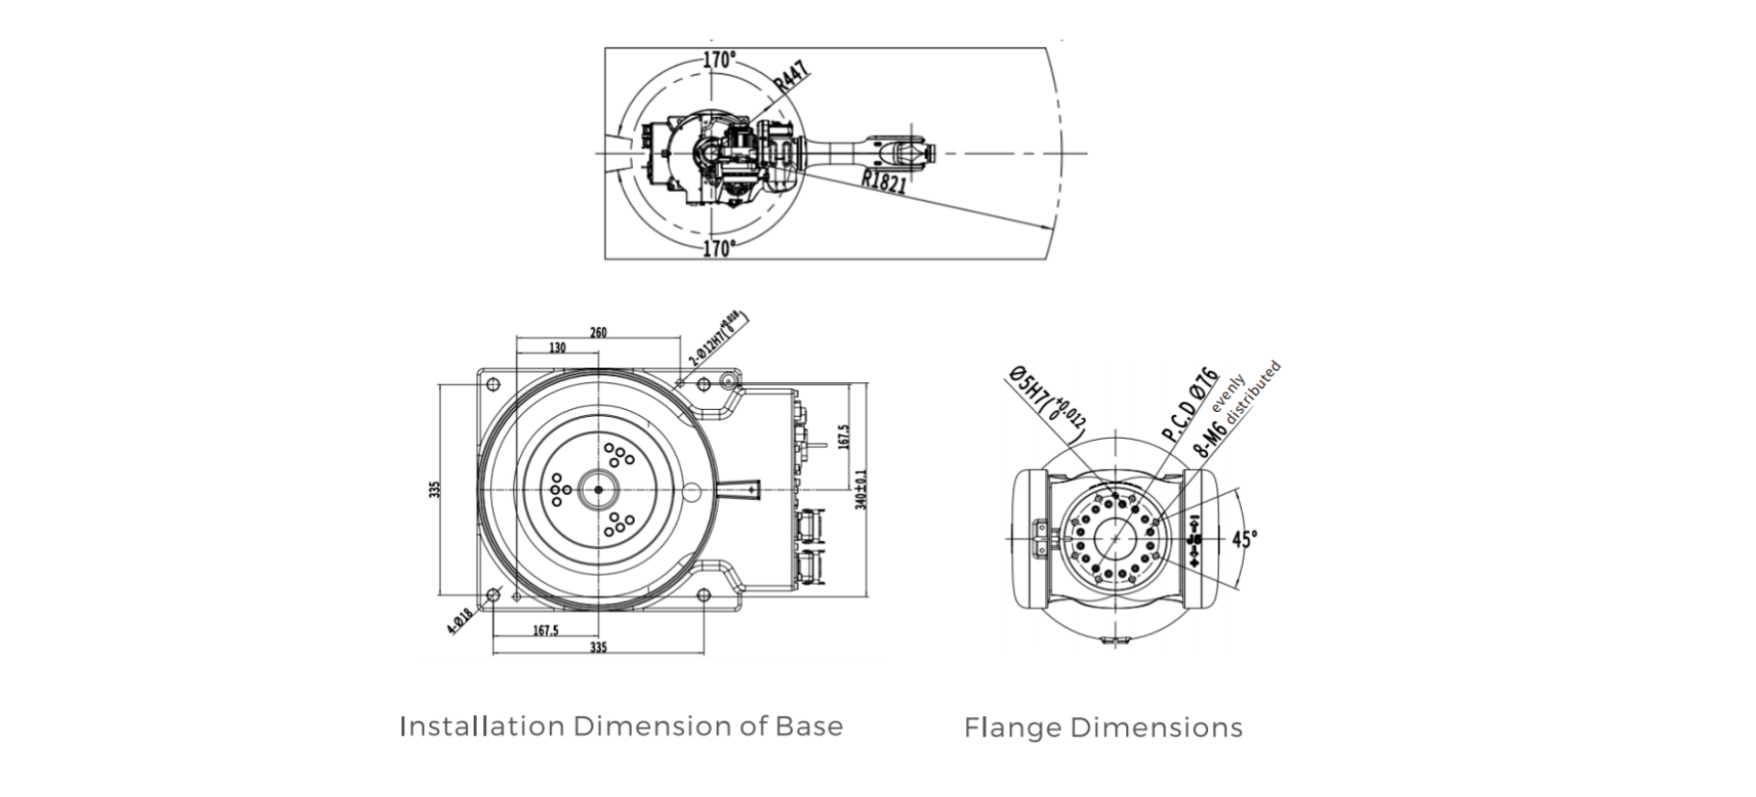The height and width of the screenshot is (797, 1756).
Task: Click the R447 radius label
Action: click(791, 78)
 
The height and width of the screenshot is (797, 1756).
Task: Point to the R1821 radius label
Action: click(884, 180)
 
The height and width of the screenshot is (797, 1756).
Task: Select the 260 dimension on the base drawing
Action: click(598, 333)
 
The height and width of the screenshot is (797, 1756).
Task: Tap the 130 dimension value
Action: click(557, 348)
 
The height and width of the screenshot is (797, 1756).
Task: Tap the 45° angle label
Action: click(1245, 538)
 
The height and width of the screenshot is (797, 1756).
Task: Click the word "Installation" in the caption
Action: click(481, 727)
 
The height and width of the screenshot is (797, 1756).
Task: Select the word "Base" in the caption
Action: click(809, 727)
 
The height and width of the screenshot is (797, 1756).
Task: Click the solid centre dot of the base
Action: click(598, 490)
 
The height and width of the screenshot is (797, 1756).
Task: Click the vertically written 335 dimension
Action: click(435, 489)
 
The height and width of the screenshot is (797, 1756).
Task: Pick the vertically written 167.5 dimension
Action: click(844, 436)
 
